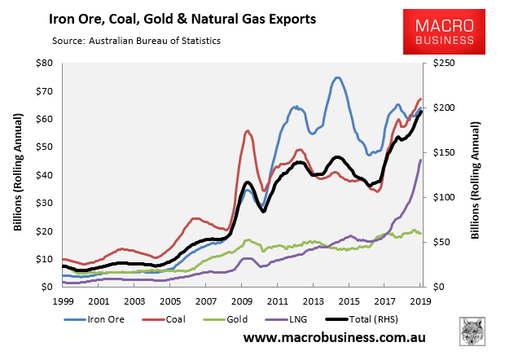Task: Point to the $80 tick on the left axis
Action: [44, 63]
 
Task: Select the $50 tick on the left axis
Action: [44, 147]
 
